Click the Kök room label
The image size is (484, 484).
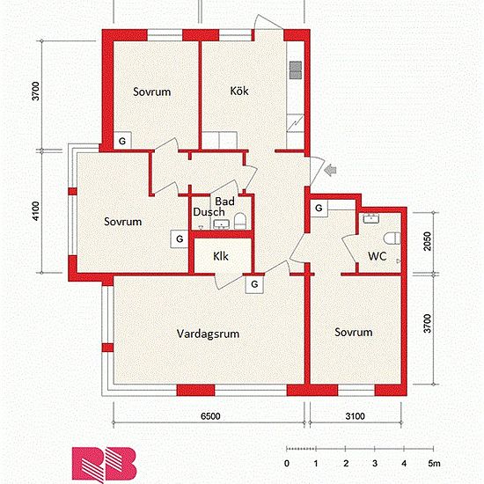[239, 91]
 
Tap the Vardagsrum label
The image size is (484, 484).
[208, 334]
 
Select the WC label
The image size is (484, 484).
[377, 256]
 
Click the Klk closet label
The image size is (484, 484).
[221, 256]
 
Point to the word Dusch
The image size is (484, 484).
[209, 212]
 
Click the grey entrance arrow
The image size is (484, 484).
[331, 170]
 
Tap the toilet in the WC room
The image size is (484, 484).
[392, 238]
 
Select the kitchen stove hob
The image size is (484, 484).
[296, 70]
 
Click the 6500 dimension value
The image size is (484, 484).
[210, 416]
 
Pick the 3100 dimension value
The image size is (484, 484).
[355, 416]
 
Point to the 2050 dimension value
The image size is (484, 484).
[427, 241]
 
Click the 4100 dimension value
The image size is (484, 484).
[36, 211]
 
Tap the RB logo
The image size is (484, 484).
[104, 465]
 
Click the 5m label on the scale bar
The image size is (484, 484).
[434, 463]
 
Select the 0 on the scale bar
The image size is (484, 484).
[287, 463]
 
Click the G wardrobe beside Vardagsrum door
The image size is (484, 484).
[254, 284]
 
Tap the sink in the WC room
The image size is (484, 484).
[370, 218]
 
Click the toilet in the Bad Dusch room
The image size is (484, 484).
[240, 221]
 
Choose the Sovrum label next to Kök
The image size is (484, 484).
[152, 92]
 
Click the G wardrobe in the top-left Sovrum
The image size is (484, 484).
[122, 141]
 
